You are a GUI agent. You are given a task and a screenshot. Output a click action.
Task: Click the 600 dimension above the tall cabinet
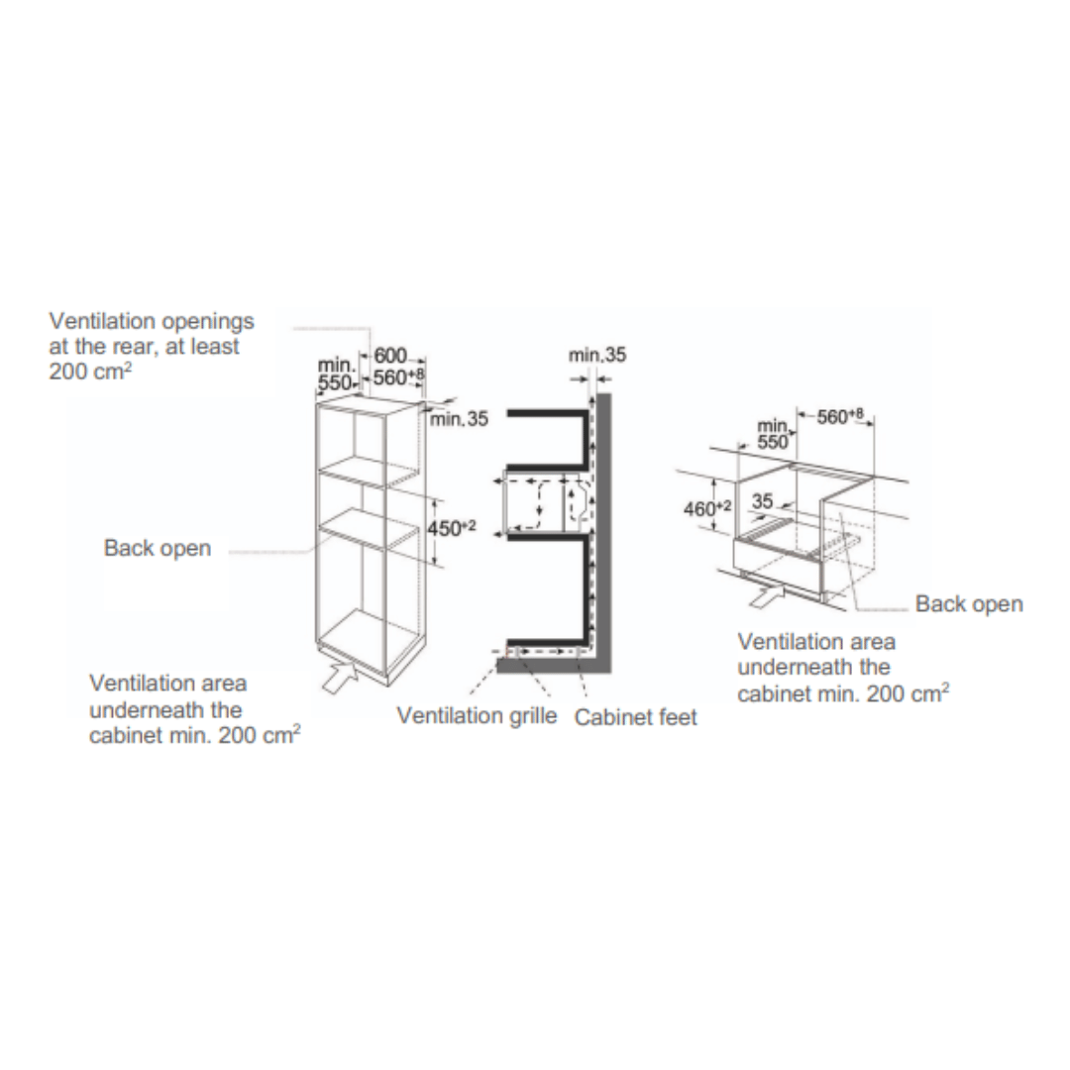(x=390, y=356)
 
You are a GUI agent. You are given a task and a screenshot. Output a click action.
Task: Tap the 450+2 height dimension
(x=452, y=527)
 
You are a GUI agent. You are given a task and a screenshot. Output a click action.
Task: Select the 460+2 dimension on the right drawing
(x=707, y=508)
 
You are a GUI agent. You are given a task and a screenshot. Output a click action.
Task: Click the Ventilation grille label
(x=477, y=716)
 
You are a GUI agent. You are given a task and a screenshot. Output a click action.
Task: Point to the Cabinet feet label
(x=636, y=717)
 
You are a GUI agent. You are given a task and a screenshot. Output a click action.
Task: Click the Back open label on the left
(x=158, y=548)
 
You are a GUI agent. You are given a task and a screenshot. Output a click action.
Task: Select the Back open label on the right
(x=969, y=604)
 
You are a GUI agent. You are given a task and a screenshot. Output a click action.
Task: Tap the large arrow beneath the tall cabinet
(x=341, y=675)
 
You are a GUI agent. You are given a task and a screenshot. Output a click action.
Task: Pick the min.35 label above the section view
(x=597, y=355)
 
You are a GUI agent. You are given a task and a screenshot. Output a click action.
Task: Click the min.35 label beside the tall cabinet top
(x=460, y=419)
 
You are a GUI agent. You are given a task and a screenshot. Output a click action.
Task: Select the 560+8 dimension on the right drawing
(x=840, y=415)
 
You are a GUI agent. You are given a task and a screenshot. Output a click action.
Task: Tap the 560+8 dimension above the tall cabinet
(x=399, y=376)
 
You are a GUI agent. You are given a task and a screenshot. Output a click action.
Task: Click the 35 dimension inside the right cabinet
(x=762, y=501)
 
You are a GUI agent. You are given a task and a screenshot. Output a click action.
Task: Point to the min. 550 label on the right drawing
(x=773, y=434)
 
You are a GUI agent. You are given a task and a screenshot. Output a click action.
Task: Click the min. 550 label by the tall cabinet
(x=337, y=374)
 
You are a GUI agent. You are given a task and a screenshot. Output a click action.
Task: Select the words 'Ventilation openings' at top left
(x=152, y=321)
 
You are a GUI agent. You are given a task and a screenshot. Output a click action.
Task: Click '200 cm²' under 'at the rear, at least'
(x=90, y=372)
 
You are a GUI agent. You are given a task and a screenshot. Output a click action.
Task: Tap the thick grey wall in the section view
(x=602, y=532)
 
